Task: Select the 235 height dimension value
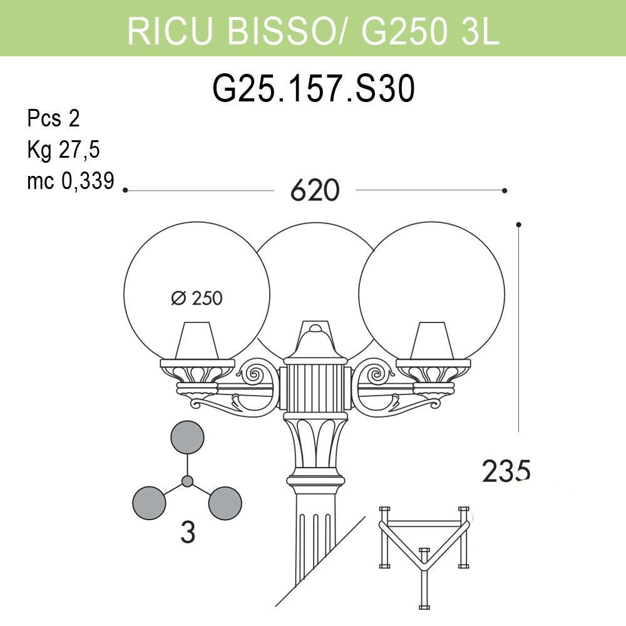click(x=506, y=470)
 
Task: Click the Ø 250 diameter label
click(x=197, y=298)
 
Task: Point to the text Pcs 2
click(x=54, y=118)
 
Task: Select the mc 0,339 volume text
click(x=70, y=181)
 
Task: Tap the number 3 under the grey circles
click(x=187, y=533)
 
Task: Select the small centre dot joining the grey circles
click(x=187, y=481)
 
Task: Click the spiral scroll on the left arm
click(x=255, y=374)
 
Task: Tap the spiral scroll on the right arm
click(x=376, y=374)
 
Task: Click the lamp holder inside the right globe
click(x=432, y=341)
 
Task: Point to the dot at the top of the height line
click(x=518, y=224)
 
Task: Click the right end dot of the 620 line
click(x=505, y=190)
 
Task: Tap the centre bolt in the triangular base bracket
click(x=424, y=555)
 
